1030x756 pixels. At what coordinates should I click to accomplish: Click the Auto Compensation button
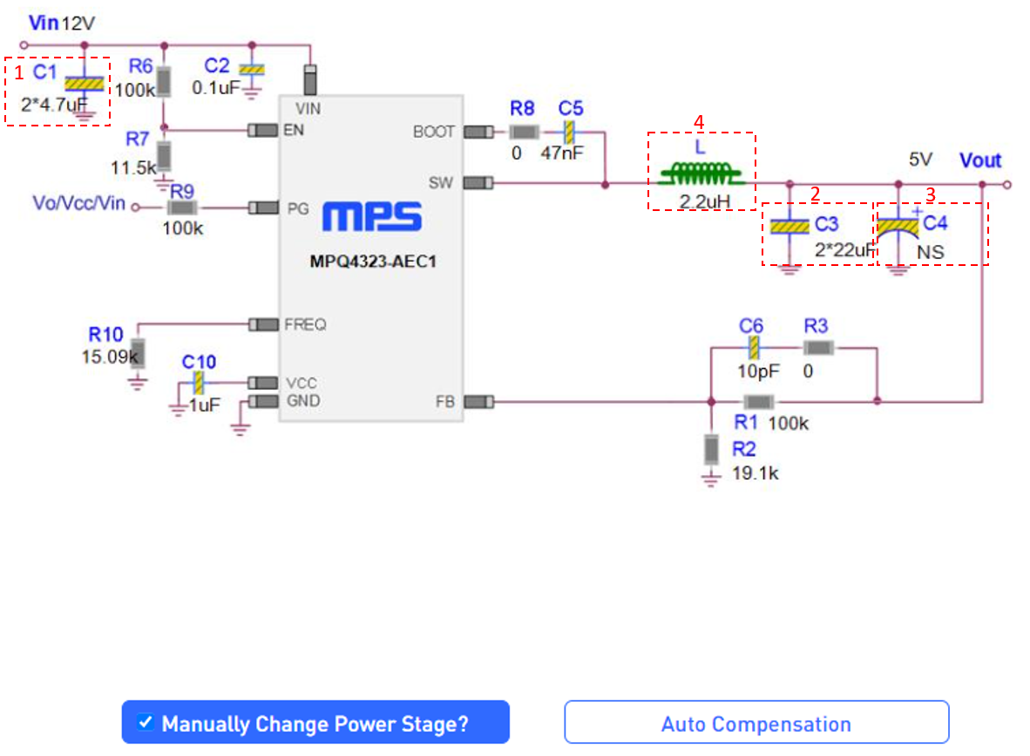tap(756, 723)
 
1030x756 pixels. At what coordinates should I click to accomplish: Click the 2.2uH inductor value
tap(702, 202)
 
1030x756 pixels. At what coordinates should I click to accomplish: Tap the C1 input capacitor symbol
tap(84, 84)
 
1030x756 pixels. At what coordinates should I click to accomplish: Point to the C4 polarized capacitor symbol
tap(898, 226)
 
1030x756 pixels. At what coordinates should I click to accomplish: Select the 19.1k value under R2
tap(755, 473)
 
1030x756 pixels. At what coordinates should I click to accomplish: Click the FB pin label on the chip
tap(444, 402)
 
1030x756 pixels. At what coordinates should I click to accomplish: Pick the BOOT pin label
tap(435, 132)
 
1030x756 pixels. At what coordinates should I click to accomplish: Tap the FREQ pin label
tap(305, 324)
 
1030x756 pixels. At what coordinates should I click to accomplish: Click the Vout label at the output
tap(980, 160)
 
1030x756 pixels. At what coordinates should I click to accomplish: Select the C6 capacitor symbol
tap(755, 348)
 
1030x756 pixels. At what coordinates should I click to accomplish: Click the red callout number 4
tap(697, 121)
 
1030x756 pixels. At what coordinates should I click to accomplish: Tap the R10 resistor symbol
tap(137, 355)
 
